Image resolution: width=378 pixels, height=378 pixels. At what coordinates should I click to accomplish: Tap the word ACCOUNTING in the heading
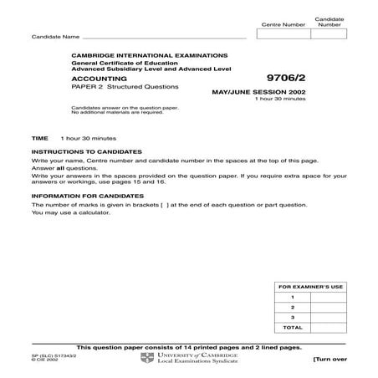pyautogui.click(x=92, y=75)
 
